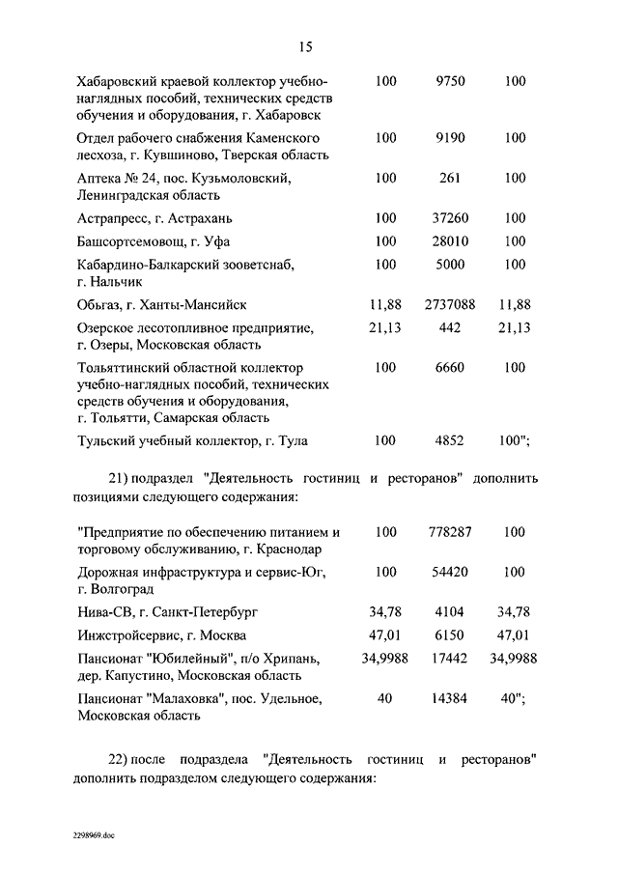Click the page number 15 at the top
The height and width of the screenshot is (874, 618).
pyautogui.click(x=308, y=46)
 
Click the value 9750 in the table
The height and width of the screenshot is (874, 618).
pyautogui.click(x=450, y=82)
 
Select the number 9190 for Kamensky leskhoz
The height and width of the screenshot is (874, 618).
pyautogui.click(x=450, y=138)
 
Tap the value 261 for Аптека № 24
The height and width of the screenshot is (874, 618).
pyautogui.click(x=450, y=178)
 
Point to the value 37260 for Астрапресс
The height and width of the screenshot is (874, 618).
pyautogui.click(x=450, y=217)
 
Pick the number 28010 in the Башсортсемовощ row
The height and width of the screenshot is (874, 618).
pyautogui.click(x=450, y=240)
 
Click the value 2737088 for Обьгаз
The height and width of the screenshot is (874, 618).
pyautogui.click(x=450, y=304)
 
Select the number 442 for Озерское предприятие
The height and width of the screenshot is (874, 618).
pyautogui.click(x=450, y=328)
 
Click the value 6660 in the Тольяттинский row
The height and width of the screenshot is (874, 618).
pyautogui.click(x=450, y=368)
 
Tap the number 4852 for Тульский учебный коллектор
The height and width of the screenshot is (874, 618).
pyautogui.click(x=450, y=441)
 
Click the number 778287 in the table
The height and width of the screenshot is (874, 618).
pyautogui.click(x=450, y=532)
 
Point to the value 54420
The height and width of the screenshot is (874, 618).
pyautogui.click(x=450, y=572)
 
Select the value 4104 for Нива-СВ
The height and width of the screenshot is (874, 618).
pyautogui.click(x=450, y=611)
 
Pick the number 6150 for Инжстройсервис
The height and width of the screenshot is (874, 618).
pyautogui.click(x=450, y=634)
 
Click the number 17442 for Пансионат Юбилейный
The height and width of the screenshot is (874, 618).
pyautogui.click(x=450, y=658)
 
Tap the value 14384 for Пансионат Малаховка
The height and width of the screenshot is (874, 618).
pyautogui.click(x=450, y=698)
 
